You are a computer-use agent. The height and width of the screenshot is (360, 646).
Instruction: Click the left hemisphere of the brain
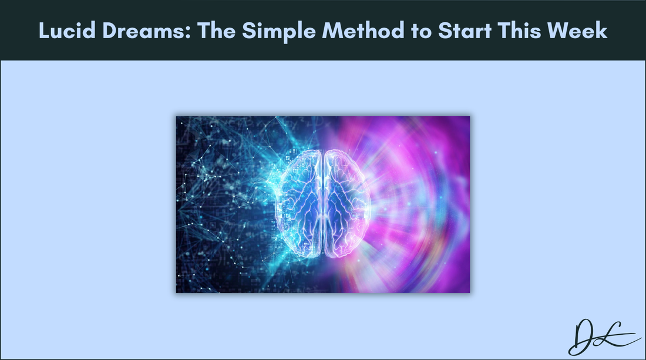[300, 203]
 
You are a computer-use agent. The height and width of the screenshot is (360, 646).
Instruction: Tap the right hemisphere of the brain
[346, 203]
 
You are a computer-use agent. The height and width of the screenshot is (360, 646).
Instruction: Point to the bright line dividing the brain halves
[323, 203]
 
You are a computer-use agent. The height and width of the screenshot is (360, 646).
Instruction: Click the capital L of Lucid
[44, 31]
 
